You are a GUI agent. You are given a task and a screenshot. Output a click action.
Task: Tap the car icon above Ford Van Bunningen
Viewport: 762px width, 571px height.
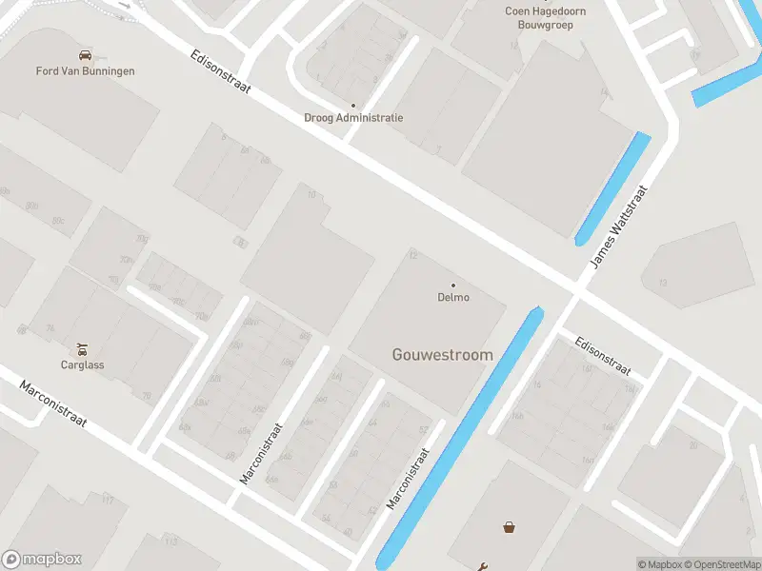(x=86, y=55)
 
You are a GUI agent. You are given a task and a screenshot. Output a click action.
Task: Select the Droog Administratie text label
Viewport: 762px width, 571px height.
(x=353, y=118)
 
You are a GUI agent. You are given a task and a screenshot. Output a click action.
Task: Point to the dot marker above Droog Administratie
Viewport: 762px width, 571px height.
(x=353, y=106)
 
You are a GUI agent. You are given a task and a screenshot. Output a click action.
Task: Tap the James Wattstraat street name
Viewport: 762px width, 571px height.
(x=618, y=226)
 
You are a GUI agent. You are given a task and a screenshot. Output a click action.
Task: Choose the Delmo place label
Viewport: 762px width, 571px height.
(x=453, y=297)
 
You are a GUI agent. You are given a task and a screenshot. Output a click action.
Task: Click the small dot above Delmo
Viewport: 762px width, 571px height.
(x=453, y=285)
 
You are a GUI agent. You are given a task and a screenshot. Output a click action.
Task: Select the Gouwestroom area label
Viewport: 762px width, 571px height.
(x=443, y=355)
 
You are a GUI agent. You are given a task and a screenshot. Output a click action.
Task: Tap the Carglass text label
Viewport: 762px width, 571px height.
(x=83, y=364)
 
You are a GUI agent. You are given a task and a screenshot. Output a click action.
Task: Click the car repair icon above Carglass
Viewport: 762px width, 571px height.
(x=83, y=348)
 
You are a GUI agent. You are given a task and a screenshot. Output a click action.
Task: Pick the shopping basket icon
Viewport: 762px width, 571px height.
(x=509, y=526)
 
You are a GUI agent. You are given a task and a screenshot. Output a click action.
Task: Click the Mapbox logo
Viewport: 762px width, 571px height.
(x=41, y=559)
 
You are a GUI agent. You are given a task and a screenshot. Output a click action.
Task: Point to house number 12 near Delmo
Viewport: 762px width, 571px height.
(x=413, y=255)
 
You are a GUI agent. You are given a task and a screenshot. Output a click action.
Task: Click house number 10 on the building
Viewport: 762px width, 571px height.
(x=311, y=194)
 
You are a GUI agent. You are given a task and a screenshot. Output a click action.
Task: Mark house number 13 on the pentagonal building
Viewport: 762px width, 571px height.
(x=663, y=283)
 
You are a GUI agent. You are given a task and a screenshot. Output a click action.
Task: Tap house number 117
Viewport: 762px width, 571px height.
(x=108, y=501)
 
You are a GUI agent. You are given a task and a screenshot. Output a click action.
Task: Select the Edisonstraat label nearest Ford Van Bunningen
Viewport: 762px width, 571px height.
(x=220, y=73)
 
